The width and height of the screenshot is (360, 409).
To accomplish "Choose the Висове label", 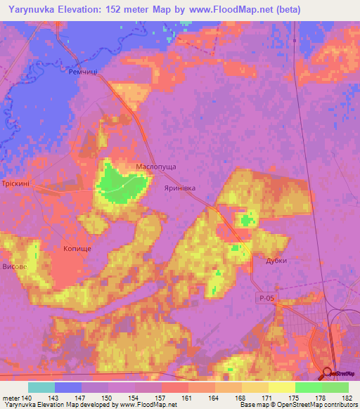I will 15,267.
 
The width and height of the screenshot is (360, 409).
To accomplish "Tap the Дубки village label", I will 276,260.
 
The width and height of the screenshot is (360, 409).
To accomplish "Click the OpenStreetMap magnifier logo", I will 328,374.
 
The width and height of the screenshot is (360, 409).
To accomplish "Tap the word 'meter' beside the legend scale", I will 11,398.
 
